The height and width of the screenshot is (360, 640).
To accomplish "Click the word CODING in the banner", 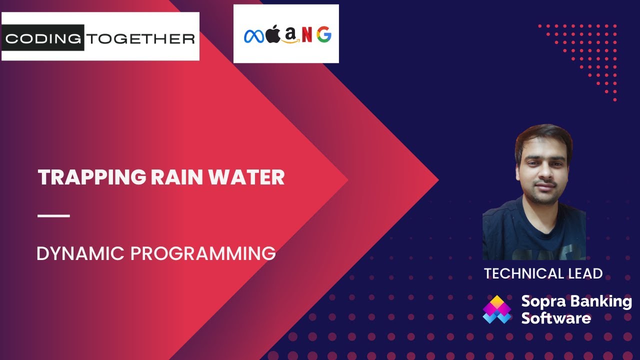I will click(43, 38).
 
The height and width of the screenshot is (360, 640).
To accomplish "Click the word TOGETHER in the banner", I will click(140, 38).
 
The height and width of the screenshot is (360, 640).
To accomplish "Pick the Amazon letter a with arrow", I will click(289, 35).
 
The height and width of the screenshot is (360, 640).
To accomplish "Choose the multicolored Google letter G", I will click(323, 35).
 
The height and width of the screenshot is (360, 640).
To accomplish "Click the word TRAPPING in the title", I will click(91, 178).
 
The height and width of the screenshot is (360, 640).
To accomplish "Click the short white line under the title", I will click(53, 216).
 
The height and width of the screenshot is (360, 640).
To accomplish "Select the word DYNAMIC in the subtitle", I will click(80, 253).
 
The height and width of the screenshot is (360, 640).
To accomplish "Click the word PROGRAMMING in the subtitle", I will click(203, 253).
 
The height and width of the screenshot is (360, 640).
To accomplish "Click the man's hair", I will click(543, 134).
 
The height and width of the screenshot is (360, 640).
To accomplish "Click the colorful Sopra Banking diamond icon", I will click(497, 309).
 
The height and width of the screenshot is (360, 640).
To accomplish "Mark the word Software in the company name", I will click(556, 318).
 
